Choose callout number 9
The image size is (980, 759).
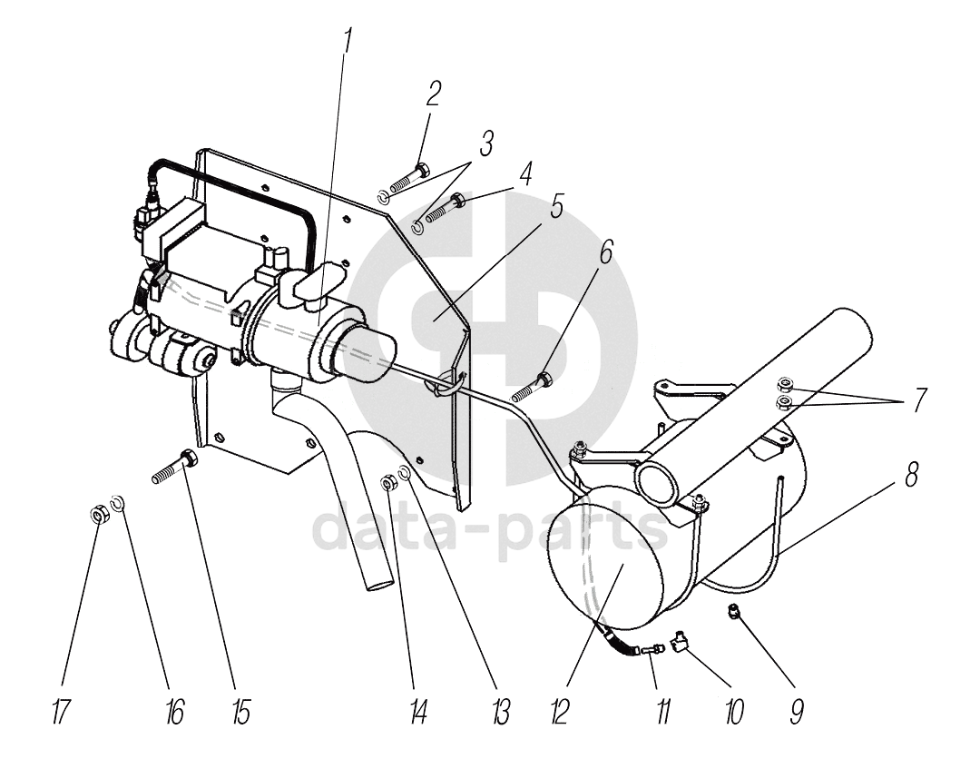click(796, 712)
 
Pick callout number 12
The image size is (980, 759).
click(559, 712)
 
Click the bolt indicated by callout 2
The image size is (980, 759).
click(409, 177)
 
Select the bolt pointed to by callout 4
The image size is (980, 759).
click(445, 209)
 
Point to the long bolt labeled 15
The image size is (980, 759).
click(174, 467)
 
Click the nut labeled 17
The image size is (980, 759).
click(100, 515)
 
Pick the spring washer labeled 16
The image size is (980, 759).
click(117, 501)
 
